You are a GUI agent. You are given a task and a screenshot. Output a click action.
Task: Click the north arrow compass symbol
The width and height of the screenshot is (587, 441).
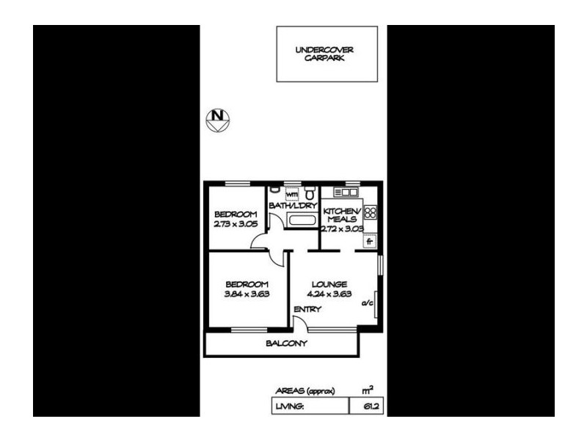pos(218,120)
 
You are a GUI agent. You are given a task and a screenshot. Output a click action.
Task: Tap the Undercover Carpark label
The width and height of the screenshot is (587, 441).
pos(324,54)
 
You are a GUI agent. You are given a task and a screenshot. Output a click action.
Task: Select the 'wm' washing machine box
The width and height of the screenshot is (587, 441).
pos(291,195)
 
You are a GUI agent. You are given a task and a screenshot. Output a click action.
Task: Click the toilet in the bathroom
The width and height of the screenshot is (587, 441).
pos(309,193)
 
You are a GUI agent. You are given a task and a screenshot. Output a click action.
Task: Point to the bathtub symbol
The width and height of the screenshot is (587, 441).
pos(302,220)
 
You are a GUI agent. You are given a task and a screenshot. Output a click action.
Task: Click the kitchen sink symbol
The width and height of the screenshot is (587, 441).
pos(346,193)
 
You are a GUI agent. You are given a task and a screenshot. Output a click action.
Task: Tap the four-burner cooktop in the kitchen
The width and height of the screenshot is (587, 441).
pos(371,212)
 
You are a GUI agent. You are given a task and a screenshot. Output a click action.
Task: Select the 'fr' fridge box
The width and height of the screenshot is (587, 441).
pos(370,241)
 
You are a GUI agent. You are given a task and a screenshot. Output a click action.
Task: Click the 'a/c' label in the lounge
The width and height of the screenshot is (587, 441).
pos(367,303)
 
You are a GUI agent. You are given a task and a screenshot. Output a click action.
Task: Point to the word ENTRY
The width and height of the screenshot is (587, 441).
pos(307,309)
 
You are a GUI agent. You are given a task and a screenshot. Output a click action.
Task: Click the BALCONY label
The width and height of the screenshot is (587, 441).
pos(286,343)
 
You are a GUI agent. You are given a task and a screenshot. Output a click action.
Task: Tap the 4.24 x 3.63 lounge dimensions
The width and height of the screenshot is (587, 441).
pos(329,294)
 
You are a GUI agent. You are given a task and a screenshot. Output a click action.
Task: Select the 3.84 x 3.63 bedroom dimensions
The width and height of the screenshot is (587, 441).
pos(247,294)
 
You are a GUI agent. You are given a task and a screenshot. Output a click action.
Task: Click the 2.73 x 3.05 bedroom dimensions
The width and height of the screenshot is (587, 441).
pos(236,224)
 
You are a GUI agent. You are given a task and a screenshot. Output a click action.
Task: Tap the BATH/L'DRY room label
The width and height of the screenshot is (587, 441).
pos(293,206)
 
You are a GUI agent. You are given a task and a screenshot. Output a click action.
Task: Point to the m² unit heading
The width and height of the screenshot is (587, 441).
pos(368,390)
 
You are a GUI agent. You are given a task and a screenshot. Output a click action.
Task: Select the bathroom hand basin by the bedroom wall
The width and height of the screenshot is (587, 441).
pos(274,190)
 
